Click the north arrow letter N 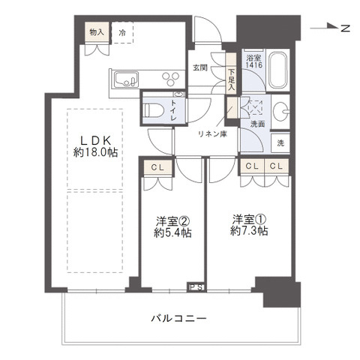coord(345,28)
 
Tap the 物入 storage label coord(97,33)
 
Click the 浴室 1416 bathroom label coord(253,62)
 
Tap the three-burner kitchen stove coord(169,78)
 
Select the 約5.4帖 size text coord(173,233)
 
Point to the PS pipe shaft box coord(196,286)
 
